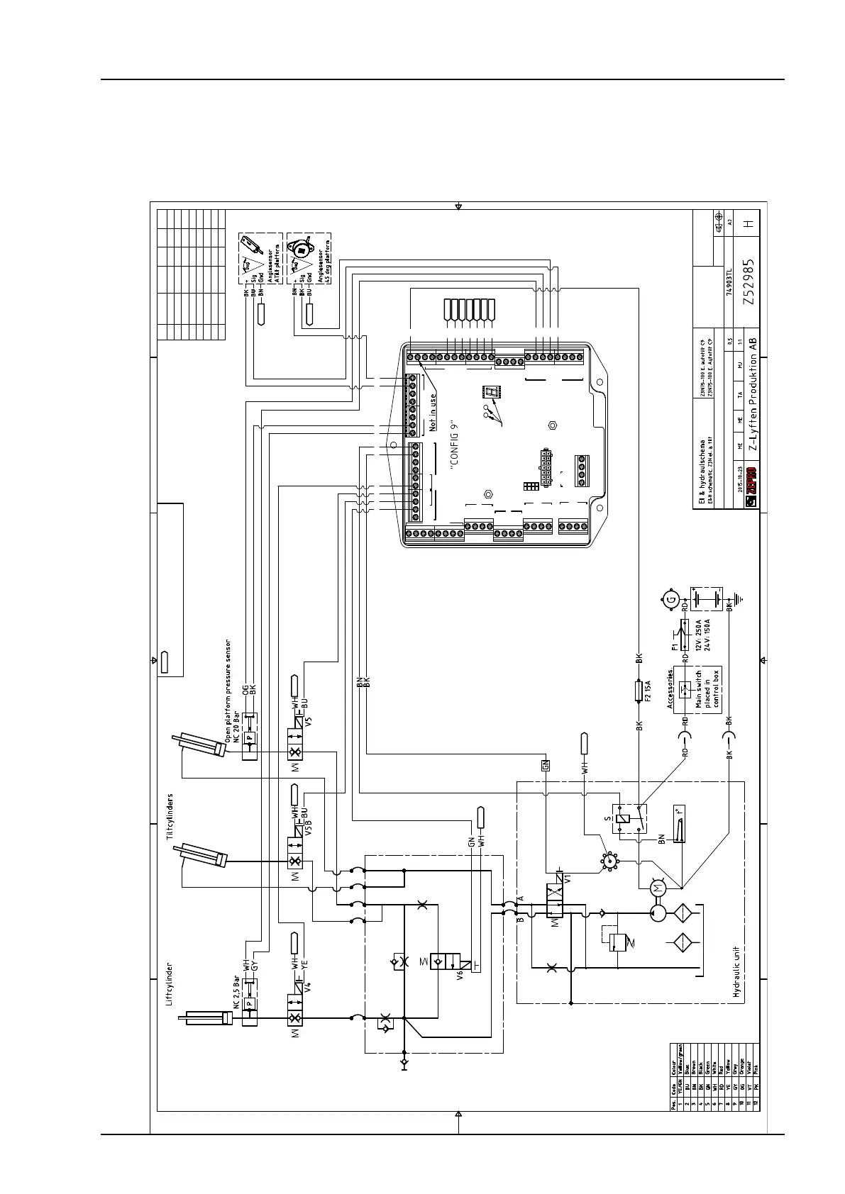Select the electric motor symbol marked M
tap(657, 888)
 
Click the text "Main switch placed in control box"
tap(707, 689)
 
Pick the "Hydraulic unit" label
tap(737, 965)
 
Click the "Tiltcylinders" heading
tap(170, 817)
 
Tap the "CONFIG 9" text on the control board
tap(455, 443)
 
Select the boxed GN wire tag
tap(546, 765)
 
